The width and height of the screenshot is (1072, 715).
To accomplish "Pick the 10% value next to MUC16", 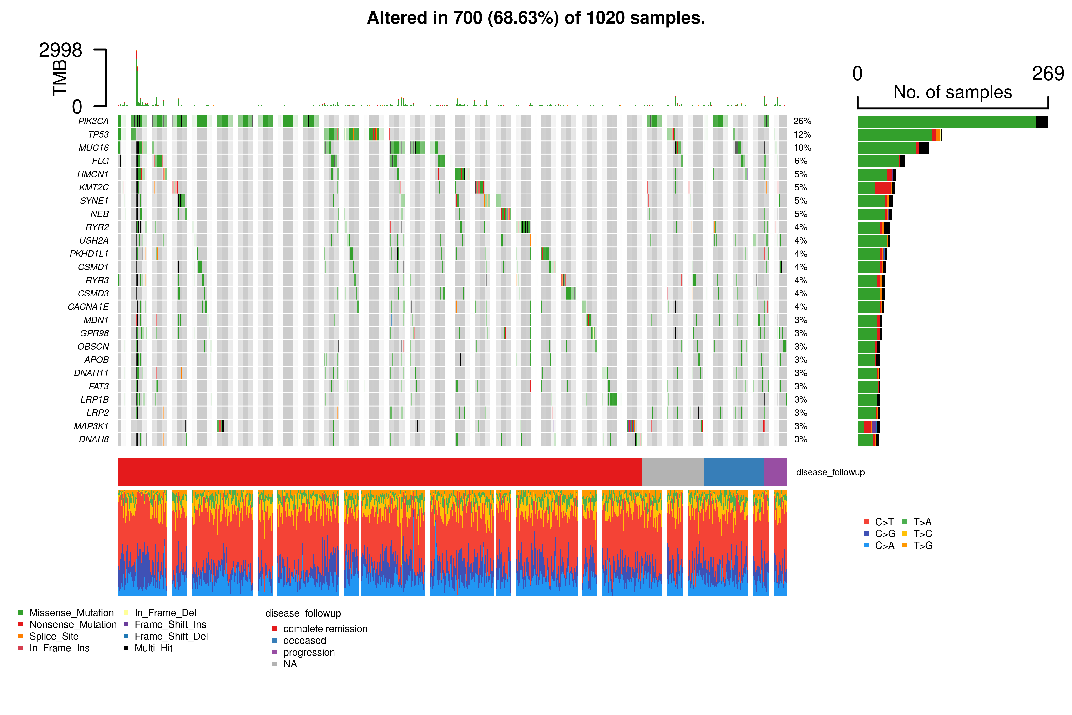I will [802, 148].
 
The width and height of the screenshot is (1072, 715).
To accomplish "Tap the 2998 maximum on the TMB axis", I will [60, 50].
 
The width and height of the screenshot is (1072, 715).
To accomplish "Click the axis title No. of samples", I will [953, 92].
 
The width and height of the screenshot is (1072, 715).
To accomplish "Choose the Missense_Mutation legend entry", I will [71, 613].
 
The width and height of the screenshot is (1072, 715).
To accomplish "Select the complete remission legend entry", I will [325, 629].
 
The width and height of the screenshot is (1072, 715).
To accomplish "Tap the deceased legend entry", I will [304, 641].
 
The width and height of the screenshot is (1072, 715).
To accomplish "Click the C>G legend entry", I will [885, 534].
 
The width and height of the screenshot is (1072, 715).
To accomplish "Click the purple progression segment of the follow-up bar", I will [775, 472].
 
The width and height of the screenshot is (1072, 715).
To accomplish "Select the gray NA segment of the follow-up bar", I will [673, 472].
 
